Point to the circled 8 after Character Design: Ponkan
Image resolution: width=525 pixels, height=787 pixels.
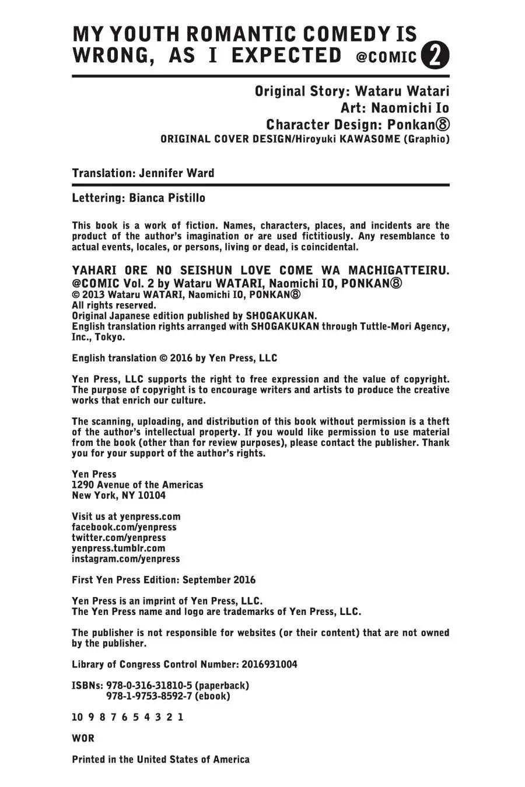click(x=442, y=125)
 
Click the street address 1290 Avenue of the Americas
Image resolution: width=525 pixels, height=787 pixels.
click(x=137, y=485)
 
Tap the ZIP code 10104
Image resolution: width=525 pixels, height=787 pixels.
click(x=152, y=496)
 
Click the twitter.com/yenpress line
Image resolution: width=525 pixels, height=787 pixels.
click(x=118, y=537)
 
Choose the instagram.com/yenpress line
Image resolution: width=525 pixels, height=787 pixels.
click(x=125, y=558)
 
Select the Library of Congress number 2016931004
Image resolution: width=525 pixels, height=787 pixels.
click(x=269, y=665)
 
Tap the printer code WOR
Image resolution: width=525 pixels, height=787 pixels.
click(x=83, y=738)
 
